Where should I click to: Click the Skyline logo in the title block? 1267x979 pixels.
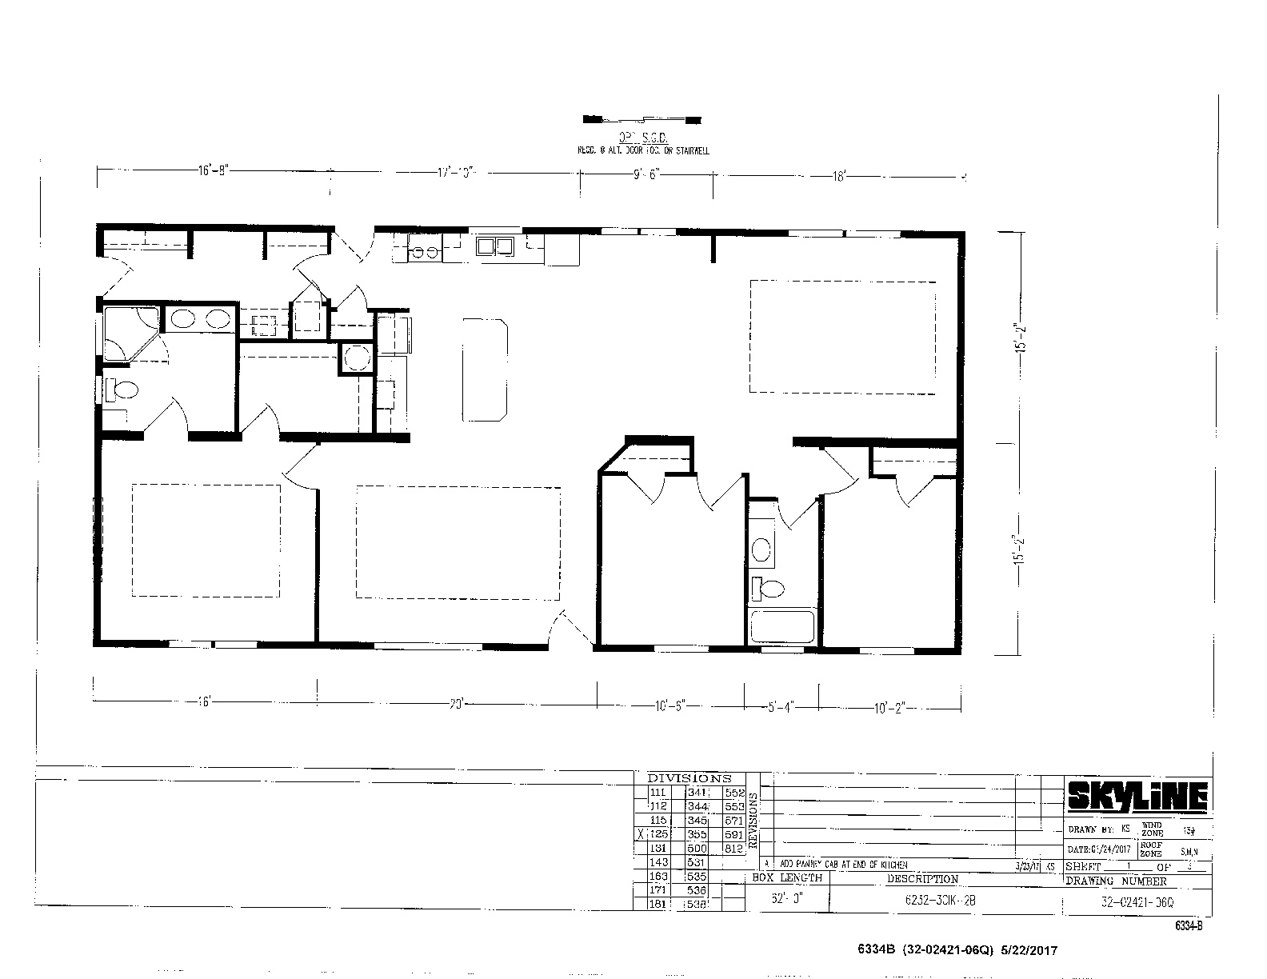[x=1137, y=797]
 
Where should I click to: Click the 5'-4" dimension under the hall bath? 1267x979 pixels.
[x=781, y=706]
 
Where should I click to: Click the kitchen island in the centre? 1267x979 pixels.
[x=485, y=368]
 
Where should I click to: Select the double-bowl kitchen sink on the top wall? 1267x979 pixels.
[x=496, y=246]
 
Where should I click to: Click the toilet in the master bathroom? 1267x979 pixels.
[x=122, y=391]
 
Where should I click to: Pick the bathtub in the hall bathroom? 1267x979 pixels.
[x=781, y=626]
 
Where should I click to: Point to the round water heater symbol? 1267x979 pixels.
[x=355, y=358]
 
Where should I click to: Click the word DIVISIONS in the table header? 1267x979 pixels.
[x=689, y=777]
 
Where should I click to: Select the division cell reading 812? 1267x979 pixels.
[x=733, y=848]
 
